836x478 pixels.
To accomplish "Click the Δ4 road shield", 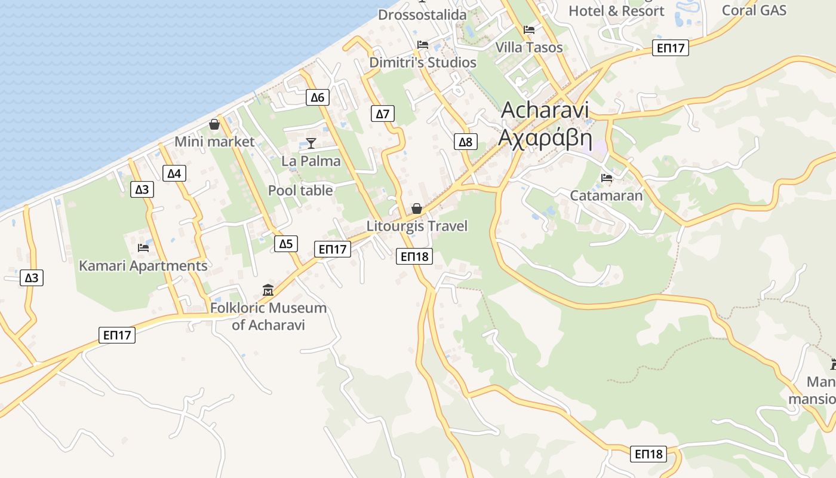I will [x=174, y=173].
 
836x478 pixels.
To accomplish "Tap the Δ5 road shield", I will [x=286, y=243].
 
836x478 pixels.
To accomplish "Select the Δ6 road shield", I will [x=317, y=97].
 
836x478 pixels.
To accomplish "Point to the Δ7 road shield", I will [x=382, y=114].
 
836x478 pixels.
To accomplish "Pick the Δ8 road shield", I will [x=465, y=142].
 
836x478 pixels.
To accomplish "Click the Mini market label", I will [x=214, y=142].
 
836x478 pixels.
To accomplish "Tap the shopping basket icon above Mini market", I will [x=214, y=124].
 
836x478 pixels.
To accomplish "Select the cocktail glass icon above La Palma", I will [x=311, y=143].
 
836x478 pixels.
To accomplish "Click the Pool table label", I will [x=300, y=190].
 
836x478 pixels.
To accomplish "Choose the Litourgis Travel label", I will [x=417, y=226].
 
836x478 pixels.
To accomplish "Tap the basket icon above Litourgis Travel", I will [x=417, y=209].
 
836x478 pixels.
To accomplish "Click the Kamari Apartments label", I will [x=143, y=265].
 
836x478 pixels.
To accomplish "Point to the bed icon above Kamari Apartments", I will [x=143, y=247].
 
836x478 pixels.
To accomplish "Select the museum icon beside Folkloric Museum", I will [x=268, y=290].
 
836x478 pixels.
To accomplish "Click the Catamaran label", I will [x=606, y=195].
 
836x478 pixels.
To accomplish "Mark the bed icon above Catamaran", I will [x=607, y=178].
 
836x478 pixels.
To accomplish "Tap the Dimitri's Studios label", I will [x=423, y=62].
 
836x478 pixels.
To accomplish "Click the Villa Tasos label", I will [x=529, y=47].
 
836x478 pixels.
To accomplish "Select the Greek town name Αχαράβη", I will [x=545, y=139].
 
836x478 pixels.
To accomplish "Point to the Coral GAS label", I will [x=754, y=10].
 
